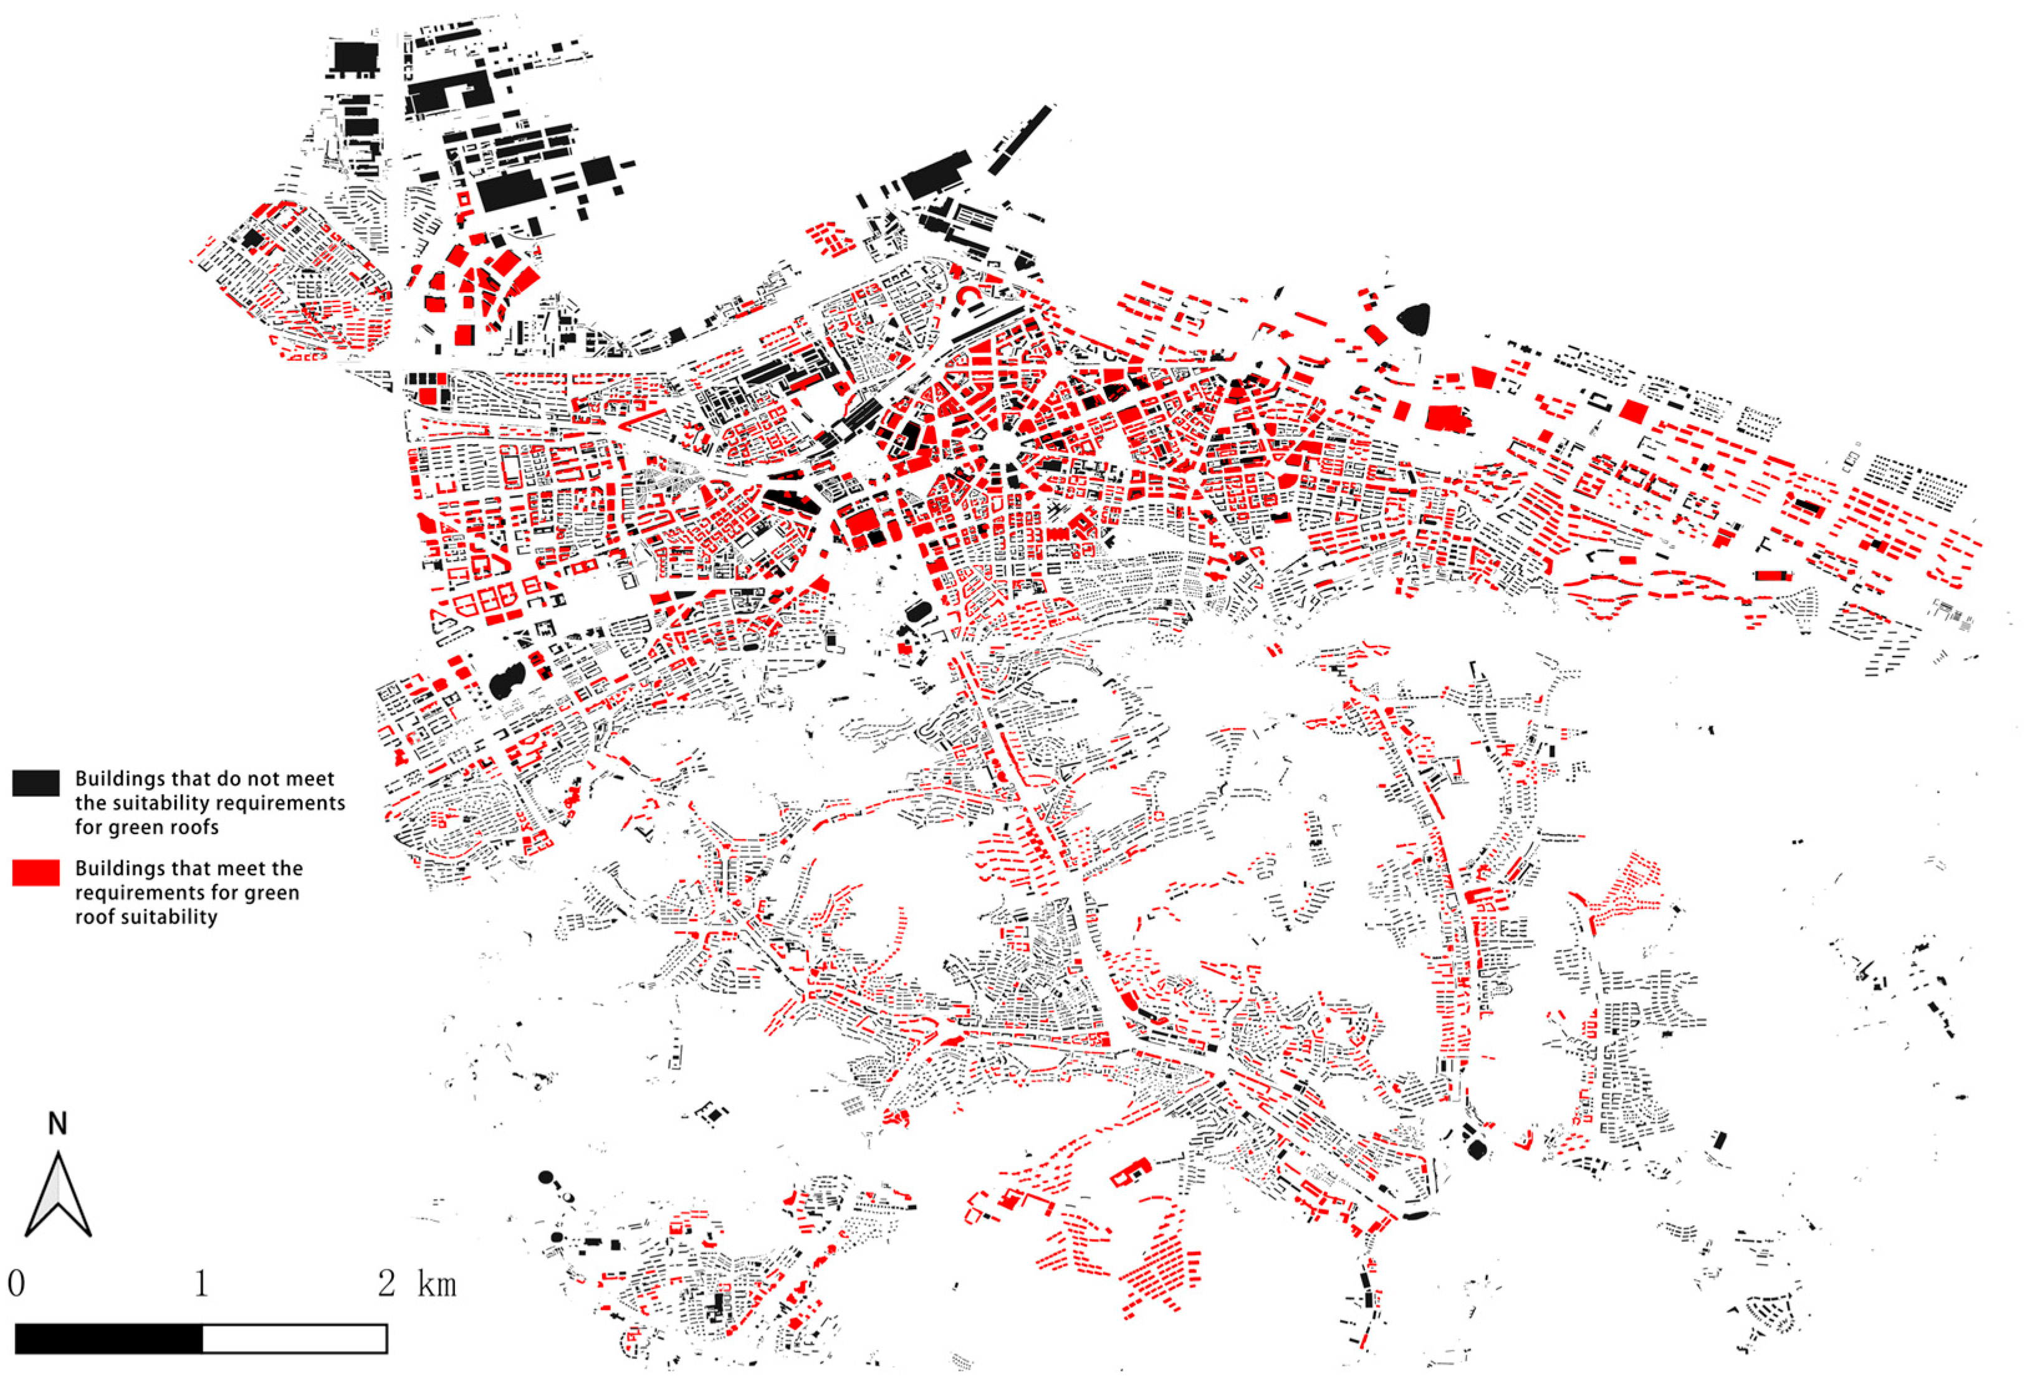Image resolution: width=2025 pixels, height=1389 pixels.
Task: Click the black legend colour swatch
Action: (36, 782)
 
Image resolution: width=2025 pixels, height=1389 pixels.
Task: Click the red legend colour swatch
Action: (36, 873)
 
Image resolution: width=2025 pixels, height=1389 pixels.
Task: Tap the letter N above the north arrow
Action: (57, 1124)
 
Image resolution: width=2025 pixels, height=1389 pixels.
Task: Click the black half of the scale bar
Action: (109, 1339)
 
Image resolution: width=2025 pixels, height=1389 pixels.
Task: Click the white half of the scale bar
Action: (295, 1339)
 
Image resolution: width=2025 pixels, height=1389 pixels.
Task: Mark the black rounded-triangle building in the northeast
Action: (1414, 319)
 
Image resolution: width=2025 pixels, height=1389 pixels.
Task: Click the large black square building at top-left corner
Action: (355, 57)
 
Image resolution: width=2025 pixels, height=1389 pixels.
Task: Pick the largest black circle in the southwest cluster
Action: (547, 1177)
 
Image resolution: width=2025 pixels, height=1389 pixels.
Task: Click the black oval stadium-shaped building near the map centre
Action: (917, 612)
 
